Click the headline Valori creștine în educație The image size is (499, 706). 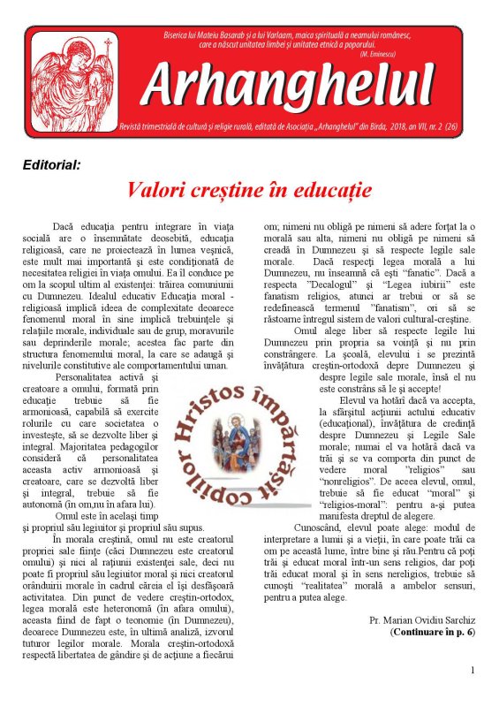click(249, 191)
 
